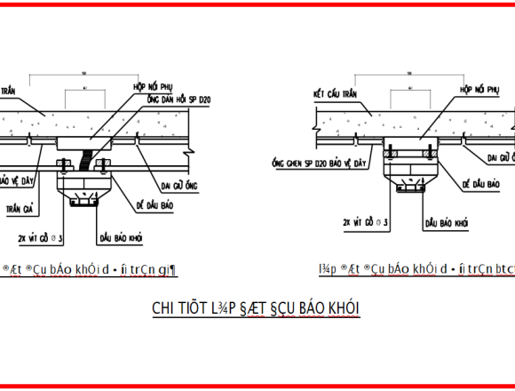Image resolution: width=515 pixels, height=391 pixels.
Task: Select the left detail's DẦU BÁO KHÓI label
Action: (x=123, y=237)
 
